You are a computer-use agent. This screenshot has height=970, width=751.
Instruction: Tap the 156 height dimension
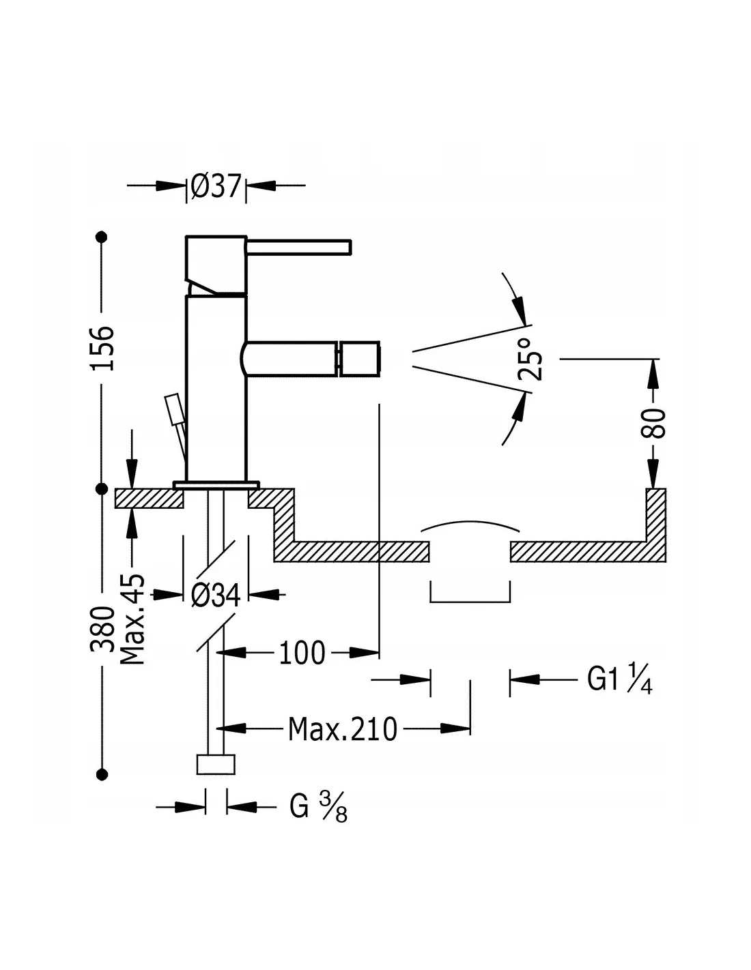coord(102,349)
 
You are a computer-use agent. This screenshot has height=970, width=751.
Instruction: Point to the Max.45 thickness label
coord(132,619)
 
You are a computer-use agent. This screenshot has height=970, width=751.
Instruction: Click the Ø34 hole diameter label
coord(216,596)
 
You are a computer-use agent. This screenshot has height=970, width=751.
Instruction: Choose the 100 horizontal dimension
coord(302,653)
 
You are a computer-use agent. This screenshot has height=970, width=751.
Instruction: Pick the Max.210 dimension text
coord(343,729)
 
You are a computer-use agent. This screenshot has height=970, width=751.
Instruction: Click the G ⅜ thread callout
coord(318,807)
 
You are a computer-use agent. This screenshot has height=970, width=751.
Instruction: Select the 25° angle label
coord(530,359)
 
